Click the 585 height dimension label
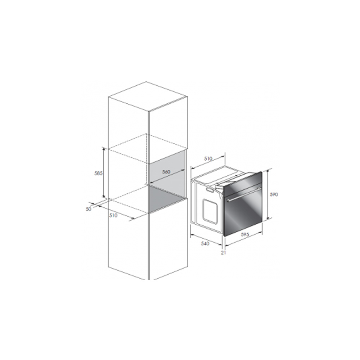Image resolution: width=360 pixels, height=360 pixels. (99, 173)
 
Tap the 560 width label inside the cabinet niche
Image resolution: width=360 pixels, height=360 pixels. (166, 172)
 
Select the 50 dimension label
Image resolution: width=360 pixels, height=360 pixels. (89, 209)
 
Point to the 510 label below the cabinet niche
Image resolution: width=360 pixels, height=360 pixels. (113, 215)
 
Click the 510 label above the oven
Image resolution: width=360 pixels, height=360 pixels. (208, 158)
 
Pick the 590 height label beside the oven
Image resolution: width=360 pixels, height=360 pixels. (274, 194)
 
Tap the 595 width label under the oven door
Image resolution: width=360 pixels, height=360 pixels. (245, 235)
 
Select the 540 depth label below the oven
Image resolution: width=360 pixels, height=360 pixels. (205, 243)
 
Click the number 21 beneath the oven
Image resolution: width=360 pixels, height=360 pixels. (224, 253)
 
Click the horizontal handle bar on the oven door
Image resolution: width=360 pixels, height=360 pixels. (244, 194)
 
